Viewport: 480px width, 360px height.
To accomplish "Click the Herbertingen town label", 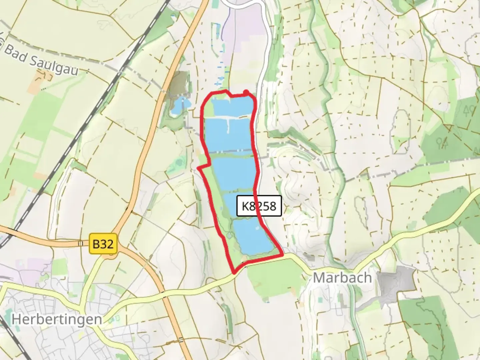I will (x=57, y=319).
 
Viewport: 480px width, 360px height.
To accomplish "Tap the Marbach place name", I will (x=342, y=278).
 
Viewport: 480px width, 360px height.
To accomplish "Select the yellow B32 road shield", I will (x=103, y=244).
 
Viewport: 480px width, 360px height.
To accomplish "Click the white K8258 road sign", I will (x=259, y=206).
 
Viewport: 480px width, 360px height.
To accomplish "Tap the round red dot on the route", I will (x=246, y=92).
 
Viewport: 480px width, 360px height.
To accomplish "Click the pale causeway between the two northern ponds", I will (x=227, y=118).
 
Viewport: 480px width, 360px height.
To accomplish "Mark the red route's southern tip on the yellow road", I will (x=235, y=272).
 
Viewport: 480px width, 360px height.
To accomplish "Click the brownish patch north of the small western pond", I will (x=180, y=82).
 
